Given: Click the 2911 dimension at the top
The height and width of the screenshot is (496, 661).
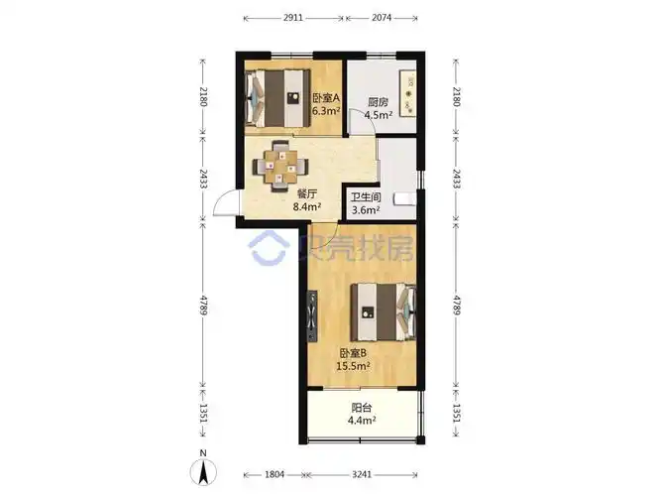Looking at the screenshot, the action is click(x=293, y=18).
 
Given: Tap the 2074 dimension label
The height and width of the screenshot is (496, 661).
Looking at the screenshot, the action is click(x=382, y=18).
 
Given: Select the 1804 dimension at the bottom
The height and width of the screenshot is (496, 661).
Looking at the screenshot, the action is click(x=275, y=474).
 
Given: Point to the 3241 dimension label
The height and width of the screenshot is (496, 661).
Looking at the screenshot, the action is click(x=362, y=474).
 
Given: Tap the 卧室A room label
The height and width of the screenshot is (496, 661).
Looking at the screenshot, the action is click(x=326, y=98).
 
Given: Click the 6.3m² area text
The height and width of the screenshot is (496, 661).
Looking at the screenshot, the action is click(x=326, y=111).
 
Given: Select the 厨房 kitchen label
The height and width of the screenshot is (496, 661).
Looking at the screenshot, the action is click(x=378, y=102).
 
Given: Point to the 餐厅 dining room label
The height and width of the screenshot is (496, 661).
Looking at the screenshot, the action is click(x=307, y=193).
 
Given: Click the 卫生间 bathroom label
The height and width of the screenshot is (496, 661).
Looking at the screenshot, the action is click(x=366, y=197).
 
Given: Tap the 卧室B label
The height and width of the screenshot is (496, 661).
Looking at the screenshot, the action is click(x=353, y=353).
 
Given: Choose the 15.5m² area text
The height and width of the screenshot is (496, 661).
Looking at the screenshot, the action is click(x=353, y=366).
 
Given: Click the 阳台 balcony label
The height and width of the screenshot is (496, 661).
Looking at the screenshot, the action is click(x=362, y=408).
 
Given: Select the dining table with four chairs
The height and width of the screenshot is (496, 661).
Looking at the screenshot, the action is click(x=280, y=166).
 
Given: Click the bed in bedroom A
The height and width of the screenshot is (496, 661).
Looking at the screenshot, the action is click(x=277, y=98).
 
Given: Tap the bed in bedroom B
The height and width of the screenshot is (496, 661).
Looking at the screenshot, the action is click(x=384, y=311).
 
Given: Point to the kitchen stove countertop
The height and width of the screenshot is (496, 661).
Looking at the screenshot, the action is click(x=408, y=93).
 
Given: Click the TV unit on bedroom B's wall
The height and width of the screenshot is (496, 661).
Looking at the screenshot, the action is click(x=312, y=316).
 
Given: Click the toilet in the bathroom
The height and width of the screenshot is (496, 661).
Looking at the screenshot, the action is click(x=404, y=199).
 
